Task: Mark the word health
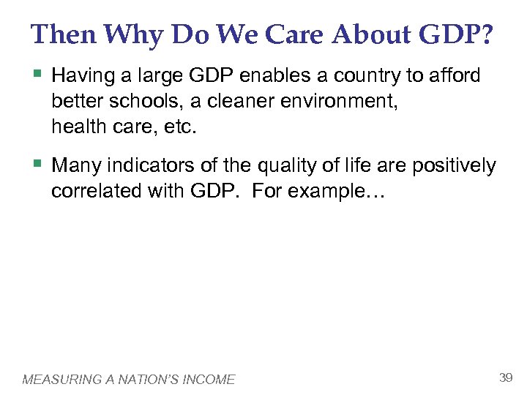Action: click(75, 127)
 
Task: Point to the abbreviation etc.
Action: click(181, 127)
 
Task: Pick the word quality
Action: click(285, 167)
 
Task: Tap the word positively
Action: click(455, 167)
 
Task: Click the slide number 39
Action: click(504, 377)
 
